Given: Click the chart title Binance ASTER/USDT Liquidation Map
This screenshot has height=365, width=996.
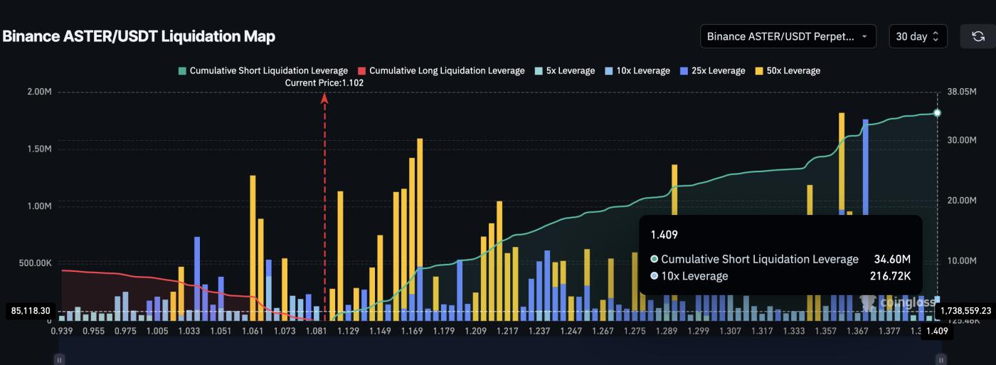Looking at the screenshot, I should click(139, 36).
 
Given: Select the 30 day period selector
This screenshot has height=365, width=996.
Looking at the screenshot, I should click(918, 36).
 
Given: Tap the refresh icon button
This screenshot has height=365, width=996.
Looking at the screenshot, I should click(978, 36).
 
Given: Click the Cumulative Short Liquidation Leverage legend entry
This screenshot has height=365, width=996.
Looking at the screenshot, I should click(263, 70).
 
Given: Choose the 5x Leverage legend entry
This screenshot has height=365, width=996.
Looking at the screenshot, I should click(564, 70).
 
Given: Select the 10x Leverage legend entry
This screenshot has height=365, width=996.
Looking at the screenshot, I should click(638, 70).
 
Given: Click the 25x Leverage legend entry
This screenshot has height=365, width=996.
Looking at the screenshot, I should click(713, 70).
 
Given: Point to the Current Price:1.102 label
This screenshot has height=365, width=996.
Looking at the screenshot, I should click(324, 83).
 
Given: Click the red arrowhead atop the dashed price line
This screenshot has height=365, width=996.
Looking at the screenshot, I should click(324, 98).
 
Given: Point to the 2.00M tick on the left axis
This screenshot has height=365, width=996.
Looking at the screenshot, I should click(37, 92).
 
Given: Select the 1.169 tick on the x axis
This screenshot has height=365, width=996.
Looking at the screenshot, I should click(412, 330).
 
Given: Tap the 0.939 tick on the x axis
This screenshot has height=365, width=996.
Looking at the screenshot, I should click(63, 330).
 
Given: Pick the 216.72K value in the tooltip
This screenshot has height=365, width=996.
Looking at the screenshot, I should click(890, 276).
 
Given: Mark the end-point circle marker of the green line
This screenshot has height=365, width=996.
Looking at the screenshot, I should click(937, 113).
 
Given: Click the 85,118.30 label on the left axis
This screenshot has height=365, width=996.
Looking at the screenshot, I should click(30, 311).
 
